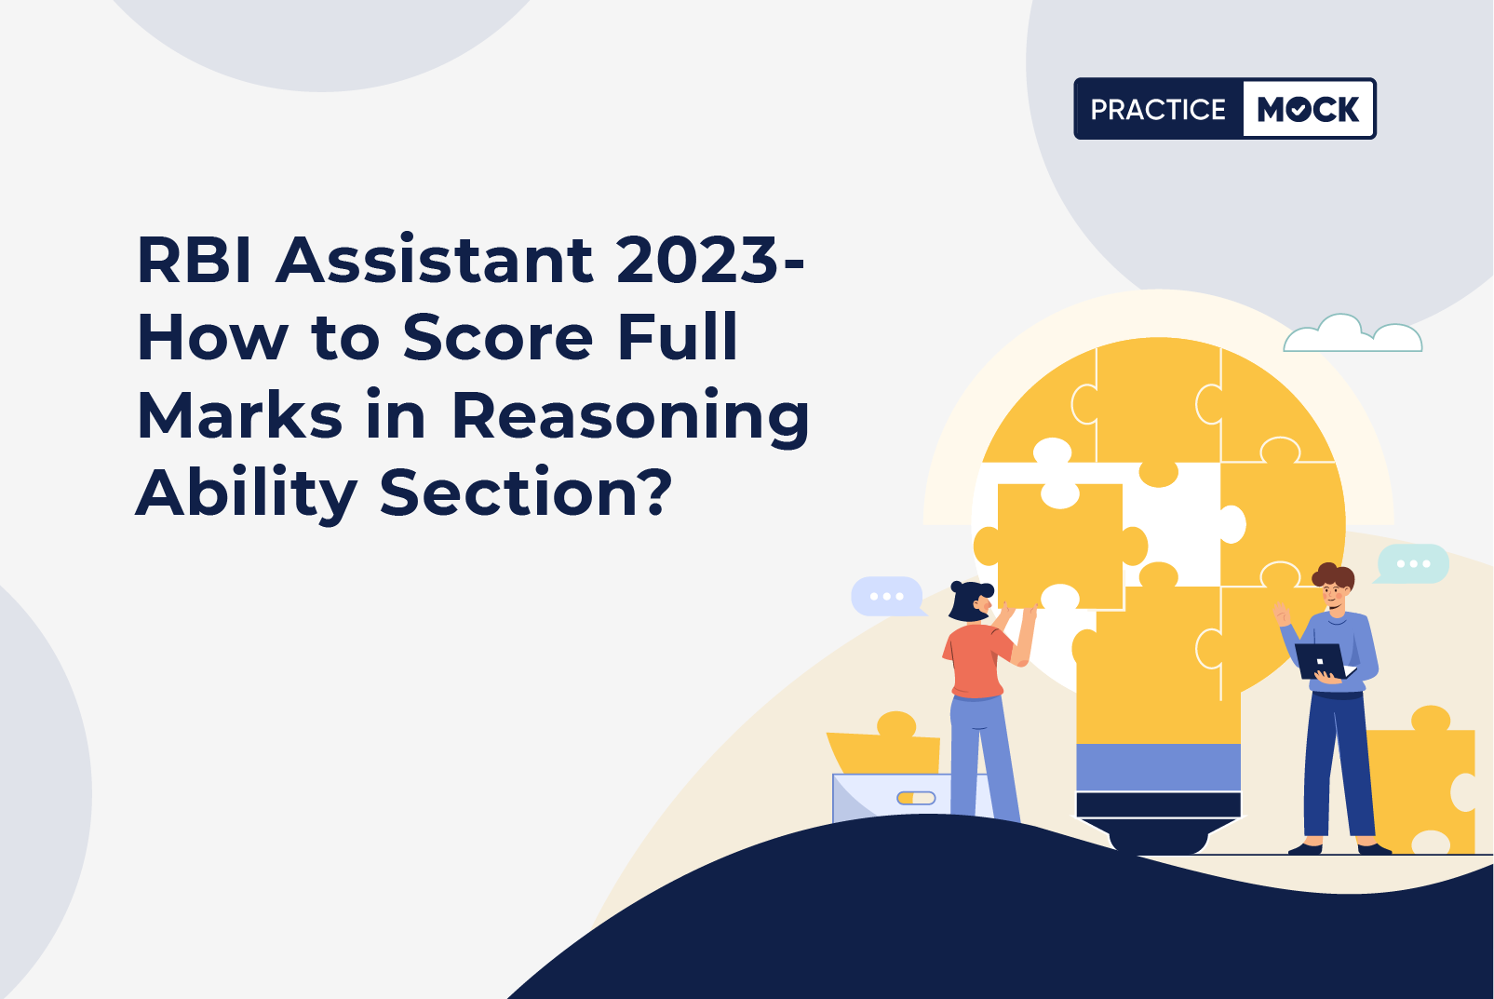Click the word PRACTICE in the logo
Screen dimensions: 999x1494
pos(1158,110)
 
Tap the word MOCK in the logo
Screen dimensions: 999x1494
pos(1308,110)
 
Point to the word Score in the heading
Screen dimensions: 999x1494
pos(498,337)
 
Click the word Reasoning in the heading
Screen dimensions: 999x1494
pos(631,417)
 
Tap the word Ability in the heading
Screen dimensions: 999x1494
pos(247,494)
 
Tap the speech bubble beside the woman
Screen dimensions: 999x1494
pos(887,596)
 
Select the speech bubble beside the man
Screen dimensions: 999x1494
pos(1413,563)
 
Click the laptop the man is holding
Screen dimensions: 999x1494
pos(1322,661)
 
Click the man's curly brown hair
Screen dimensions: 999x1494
pos(1333,574)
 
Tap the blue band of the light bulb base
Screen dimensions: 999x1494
pos(1158,767)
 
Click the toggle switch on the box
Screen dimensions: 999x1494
pos(916,798)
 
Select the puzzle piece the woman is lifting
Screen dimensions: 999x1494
pos(1060,544)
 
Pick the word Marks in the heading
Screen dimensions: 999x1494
pos(240,415)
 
